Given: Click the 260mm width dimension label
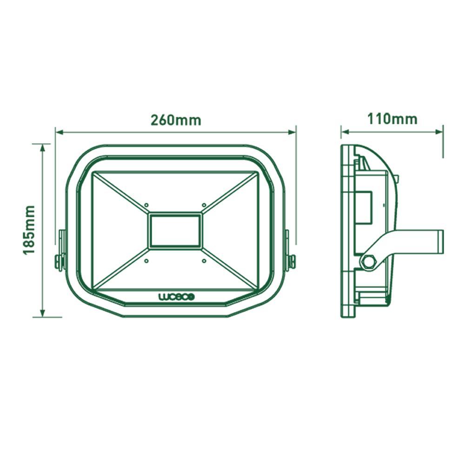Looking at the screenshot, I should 176,120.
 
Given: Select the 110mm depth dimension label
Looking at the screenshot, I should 392,119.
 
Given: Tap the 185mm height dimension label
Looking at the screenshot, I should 30,230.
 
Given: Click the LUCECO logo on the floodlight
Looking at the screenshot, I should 177,297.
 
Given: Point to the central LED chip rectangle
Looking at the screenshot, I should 175,231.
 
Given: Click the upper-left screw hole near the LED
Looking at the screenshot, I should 146,205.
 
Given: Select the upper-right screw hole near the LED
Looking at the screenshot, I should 204,205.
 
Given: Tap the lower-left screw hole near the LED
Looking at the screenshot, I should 146,261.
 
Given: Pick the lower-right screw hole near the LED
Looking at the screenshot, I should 204,261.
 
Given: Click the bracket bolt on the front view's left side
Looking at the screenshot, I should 60,262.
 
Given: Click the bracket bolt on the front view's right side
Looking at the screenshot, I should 292,262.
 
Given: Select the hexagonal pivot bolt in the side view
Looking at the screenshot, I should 369,262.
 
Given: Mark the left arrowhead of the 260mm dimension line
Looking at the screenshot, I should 59,132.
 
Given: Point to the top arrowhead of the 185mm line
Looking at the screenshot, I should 43,147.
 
